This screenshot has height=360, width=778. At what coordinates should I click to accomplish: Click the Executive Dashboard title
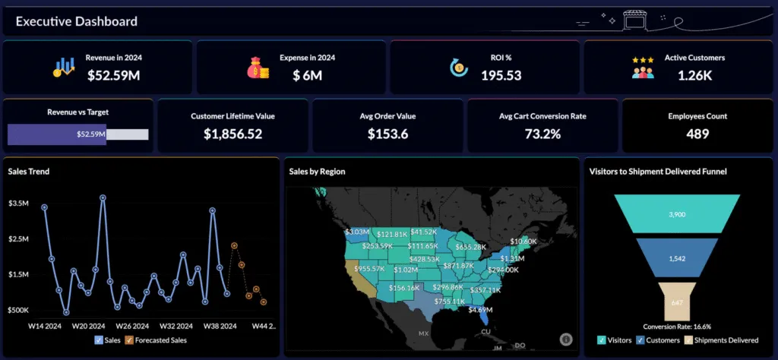pyautogui.click(x=77, y=21)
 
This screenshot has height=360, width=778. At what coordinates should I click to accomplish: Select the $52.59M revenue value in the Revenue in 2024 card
pyautogui.click(x=113, y=74)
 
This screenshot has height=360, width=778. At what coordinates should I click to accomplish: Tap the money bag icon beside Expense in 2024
pyautogui.click(x=258, y=68)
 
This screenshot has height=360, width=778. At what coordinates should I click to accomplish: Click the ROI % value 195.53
pyautogui.click(x=501, y=74)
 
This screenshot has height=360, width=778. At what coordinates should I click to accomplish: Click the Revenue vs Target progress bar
pyautogui.click(x=77, y=134)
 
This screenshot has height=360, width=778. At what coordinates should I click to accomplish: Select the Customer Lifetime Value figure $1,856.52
pyautogui.click(x=233, y=134)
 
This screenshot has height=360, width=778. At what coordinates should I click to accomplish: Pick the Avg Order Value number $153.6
pyautogui.click(x=387, y=134)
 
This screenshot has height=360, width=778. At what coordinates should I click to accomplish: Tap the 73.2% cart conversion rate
pyautogui.click(x=542, y=134)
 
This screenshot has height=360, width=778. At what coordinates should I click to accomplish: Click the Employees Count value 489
pyautogui.click(x=697, y=134)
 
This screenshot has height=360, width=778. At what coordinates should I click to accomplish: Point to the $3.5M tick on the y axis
pyautogui.click(x=18, y=204)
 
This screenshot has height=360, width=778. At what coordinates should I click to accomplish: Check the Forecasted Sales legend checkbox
pyautogui.click(x=129, y=340)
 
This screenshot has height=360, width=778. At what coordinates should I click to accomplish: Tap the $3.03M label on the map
pyautogui.click(x=356, y=232)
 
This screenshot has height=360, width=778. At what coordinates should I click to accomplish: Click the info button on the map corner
pyautogui.click(x=565, y=339)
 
